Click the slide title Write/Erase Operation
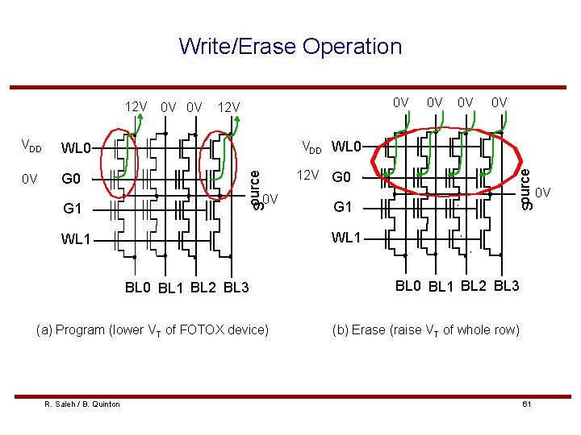click(290, 47)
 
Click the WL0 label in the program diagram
click(77, 148)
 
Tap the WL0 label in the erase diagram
click(348, 147)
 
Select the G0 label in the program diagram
click(72, 178)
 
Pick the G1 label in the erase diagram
click(343, 208)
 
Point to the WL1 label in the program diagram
click(77, 239)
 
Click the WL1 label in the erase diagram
click(348, 238)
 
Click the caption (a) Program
click(154, 329)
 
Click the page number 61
click(525, 404)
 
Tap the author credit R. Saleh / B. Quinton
click(82, 404)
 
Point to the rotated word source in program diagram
click(256, 186)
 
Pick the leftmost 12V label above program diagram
click(136, 106)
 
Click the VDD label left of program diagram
click(31, 147)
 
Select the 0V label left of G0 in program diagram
click(29, 178)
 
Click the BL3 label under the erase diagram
click(506, 286)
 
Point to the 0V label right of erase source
click(543, 193)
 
